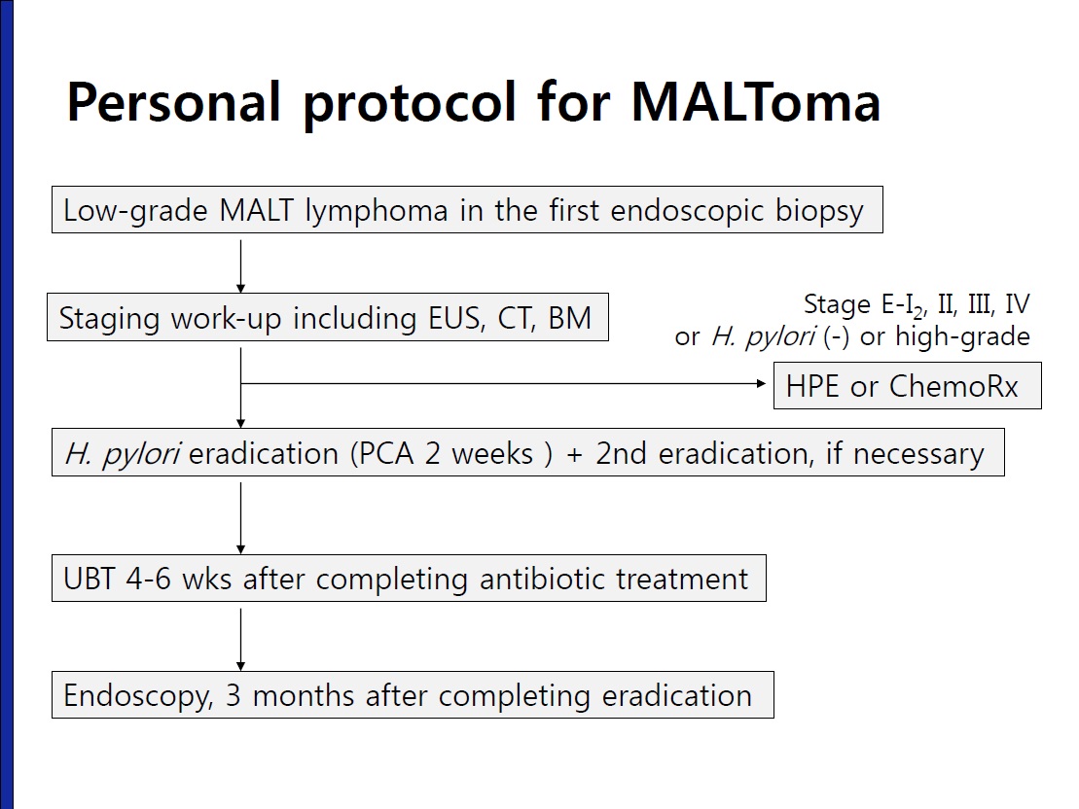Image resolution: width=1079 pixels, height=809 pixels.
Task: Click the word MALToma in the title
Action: coord(756,102)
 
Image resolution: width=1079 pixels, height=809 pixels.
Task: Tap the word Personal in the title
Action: coord(173,102)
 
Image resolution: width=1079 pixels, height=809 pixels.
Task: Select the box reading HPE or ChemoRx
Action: coord(908,386)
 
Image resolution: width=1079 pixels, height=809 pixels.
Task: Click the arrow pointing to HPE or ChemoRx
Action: coord(503,383)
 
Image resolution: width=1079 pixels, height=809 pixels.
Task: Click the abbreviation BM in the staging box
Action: coord(570,318)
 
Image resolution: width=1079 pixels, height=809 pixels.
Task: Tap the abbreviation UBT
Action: coord(89,579)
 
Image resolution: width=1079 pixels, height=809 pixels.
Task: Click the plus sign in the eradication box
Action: coord(575,455)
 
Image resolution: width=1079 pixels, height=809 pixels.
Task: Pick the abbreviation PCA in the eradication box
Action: coord(388,454)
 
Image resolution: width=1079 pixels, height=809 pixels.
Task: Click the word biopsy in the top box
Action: coord(819,211)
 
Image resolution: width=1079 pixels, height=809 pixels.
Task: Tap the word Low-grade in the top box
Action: coord(135,211)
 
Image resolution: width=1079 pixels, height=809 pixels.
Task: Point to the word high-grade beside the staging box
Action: coord(962,337)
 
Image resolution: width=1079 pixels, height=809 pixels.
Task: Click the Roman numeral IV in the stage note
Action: coord(1017,304)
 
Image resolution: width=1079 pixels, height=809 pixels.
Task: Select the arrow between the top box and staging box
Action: coord(241,266)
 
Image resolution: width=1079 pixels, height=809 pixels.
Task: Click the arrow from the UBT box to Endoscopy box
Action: coord(241,639)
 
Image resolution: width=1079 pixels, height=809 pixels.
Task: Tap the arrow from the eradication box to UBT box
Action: coord(241,518)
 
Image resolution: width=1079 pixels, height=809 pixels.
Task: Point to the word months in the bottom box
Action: coord(304,695)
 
